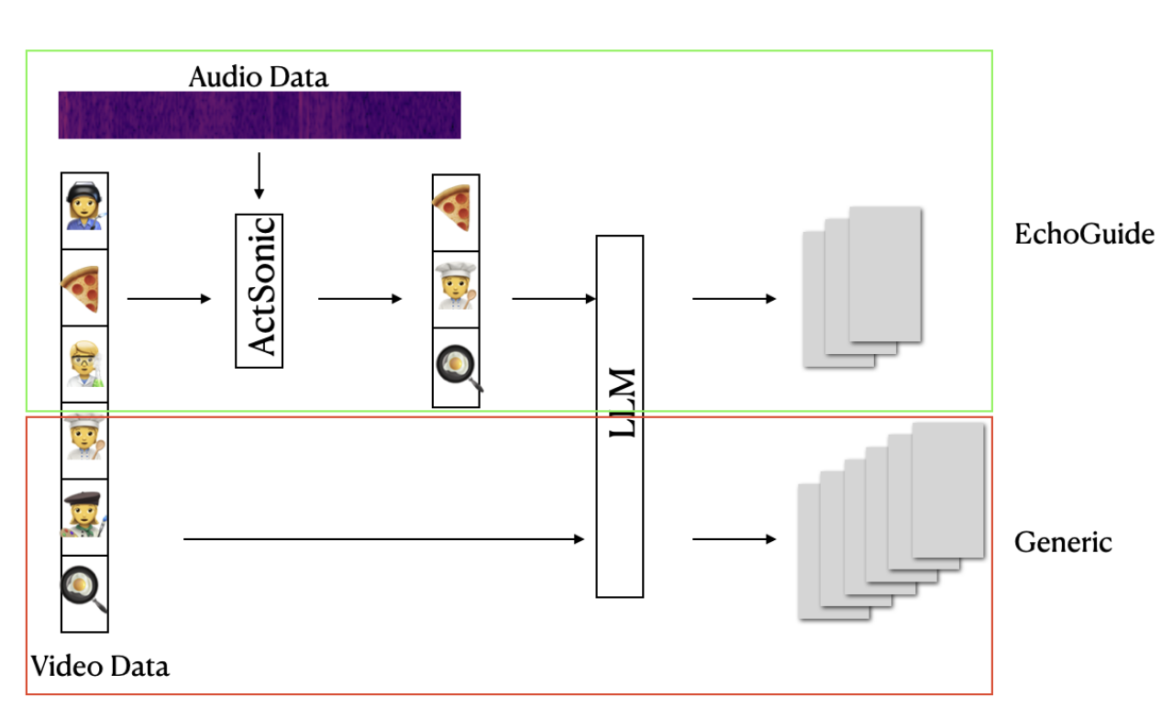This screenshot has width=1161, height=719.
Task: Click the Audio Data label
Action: coord(258,77)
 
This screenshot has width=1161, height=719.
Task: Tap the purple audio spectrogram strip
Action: coord(260,116)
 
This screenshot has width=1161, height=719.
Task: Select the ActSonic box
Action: coord(260,291)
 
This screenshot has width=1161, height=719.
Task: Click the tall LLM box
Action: coord(620,415)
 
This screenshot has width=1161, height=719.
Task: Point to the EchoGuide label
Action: coord(1083,235)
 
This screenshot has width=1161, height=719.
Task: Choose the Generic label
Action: coord(1062,542)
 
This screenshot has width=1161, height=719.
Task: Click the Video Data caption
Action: coord(100,666)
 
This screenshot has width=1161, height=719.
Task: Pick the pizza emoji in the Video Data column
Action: coord(84,288)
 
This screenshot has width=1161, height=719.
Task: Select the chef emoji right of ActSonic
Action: coord(456,289)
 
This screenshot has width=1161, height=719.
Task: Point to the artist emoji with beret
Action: coord(84,515)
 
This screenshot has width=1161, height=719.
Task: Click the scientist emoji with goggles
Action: coord(84,364)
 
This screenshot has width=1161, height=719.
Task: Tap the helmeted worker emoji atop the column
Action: coord(84,210)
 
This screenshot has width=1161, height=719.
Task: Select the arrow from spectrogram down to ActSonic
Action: coord(259,175)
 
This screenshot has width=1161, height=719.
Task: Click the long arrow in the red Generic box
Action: coord(383,539)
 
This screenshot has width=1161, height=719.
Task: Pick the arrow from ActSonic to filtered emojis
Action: coord(359,299)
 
